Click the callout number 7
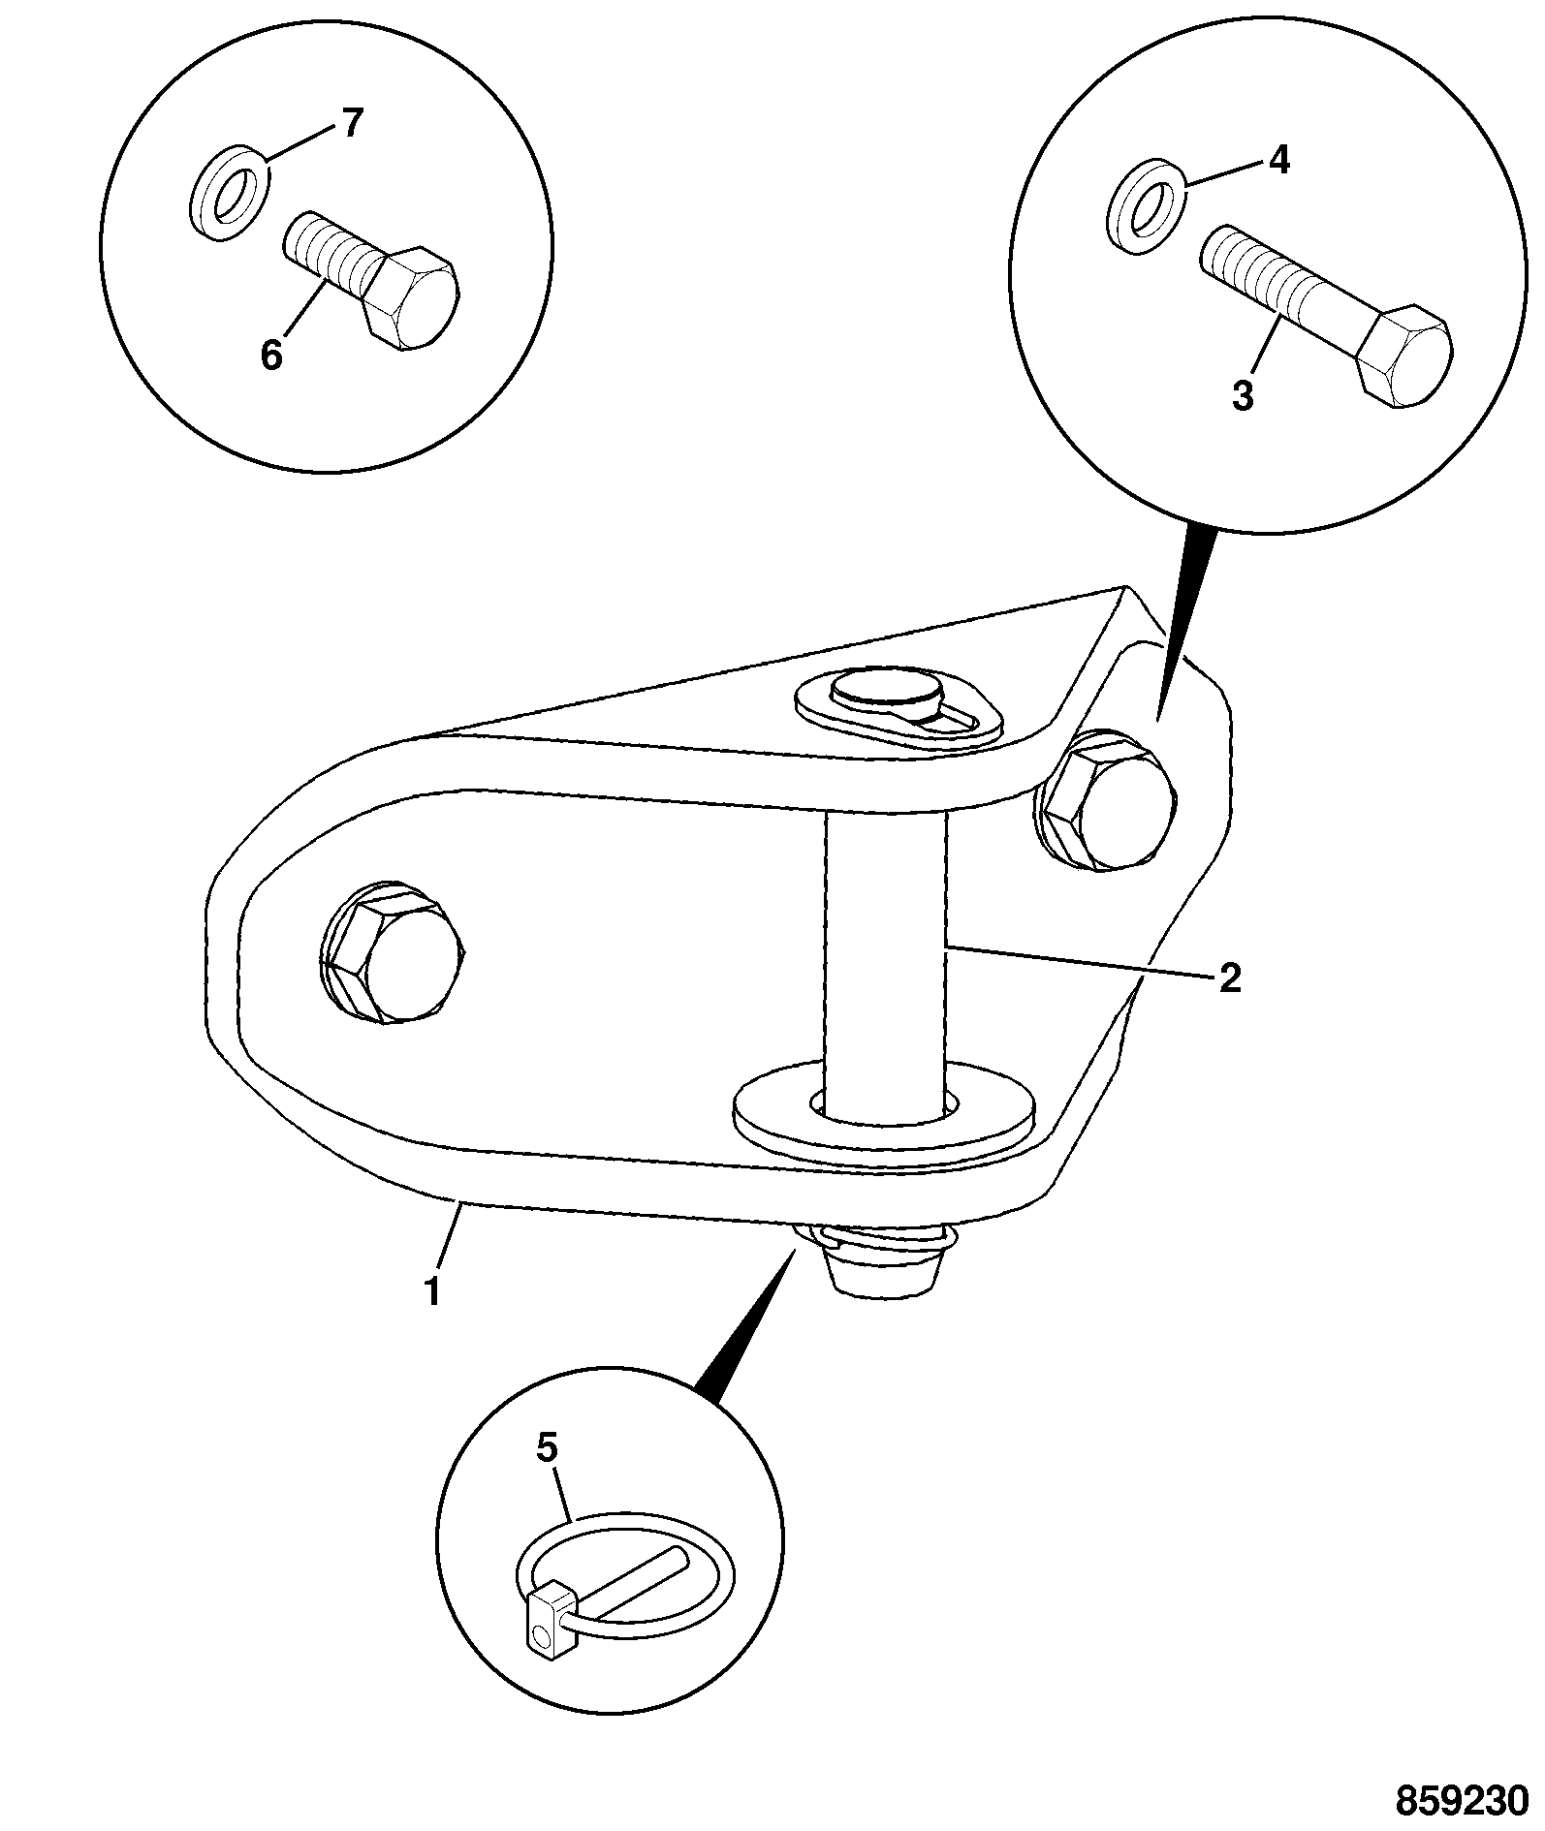(351, 124)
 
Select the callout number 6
(271, 357)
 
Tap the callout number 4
(1279, 160)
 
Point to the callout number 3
(1243, 395)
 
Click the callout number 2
(1229, 978)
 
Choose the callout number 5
(548, 1475)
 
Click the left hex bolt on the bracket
(392, 952)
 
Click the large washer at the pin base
(884, 1114)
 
